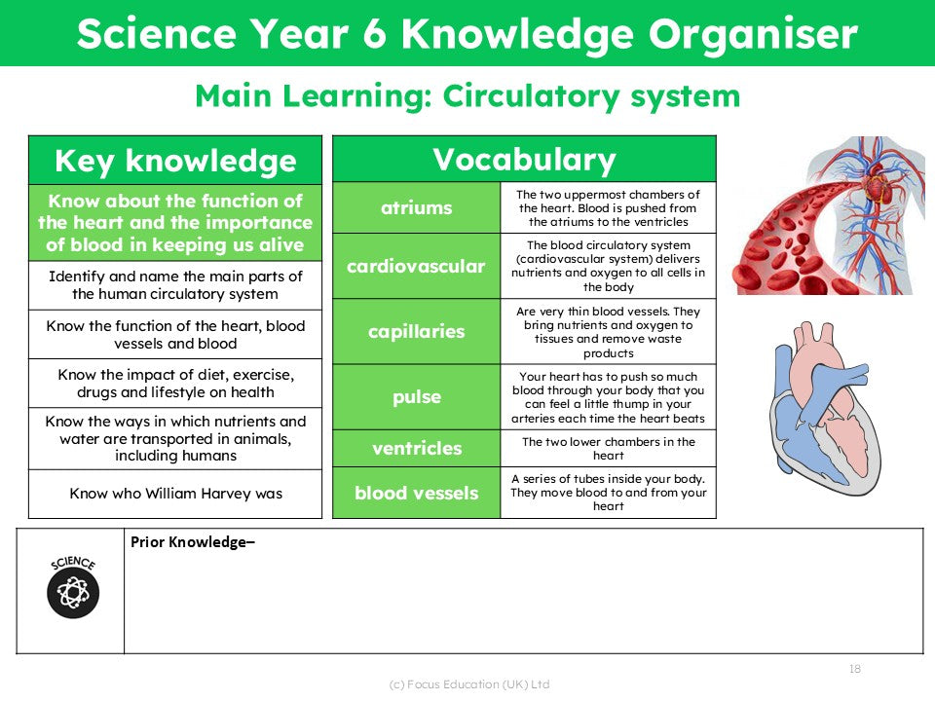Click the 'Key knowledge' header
(175, 161)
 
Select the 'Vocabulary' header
(524, 160)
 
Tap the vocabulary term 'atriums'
(416, 207)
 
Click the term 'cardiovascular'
(416, 266)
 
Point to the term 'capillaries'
(416, 332)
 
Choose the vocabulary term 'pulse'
(416, 397)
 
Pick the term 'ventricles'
(416, 449)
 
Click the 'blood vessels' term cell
(416, 493)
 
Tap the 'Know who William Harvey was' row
(175, 494)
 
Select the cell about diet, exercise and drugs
(175, 384)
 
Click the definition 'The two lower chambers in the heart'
(608, 449)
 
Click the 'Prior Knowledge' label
(192, 542)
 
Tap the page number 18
(855, 669)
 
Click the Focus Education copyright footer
(468, 684)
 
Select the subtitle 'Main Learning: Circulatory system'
(467, 96)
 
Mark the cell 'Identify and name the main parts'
(175, 285)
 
